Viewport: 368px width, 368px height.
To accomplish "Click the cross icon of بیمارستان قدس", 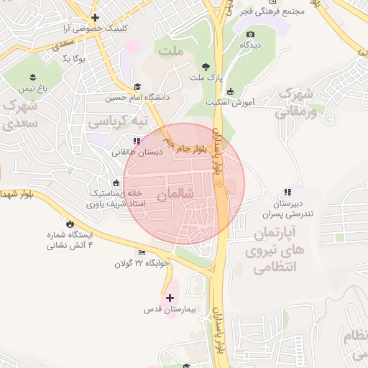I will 170,298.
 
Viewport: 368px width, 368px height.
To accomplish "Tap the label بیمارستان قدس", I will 170,310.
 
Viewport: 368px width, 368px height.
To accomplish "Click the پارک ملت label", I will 207,77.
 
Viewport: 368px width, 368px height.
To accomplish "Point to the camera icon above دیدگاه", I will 250,34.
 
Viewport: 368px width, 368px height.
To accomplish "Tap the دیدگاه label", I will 249,45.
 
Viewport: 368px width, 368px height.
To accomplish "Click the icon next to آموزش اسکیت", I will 231,91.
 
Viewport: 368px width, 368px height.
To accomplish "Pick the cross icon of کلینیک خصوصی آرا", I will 95,17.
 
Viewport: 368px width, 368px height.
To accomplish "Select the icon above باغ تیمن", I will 32,76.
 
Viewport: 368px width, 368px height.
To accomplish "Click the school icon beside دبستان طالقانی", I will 137,141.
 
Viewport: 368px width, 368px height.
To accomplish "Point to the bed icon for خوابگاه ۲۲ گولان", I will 142,252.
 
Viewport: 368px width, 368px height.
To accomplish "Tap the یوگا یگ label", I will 75,58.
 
